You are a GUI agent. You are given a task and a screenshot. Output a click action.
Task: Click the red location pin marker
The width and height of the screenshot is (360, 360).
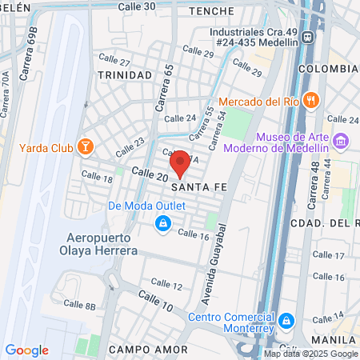point(181,162)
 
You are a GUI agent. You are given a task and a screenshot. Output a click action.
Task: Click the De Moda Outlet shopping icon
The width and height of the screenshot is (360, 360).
point(163,222)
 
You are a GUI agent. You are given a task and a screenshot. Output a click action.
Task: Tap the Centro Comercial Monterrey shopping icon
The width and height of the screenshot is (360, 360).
point(287,322)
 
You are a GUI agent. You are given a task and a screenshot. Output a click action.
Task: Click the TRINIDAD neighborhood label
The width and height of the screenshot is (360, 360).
point(125,74)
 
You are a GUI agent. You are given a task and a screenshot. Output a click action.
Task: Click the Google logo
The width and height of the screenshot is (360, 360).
point(26,350)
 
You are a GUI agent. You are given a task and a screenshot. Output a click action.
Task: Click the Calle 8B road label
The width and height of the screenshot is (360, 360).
point(79,305)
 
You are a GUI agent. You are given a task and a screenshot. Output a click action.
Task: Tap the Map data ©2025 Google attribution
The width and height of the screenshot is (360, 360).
point(311,354)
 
